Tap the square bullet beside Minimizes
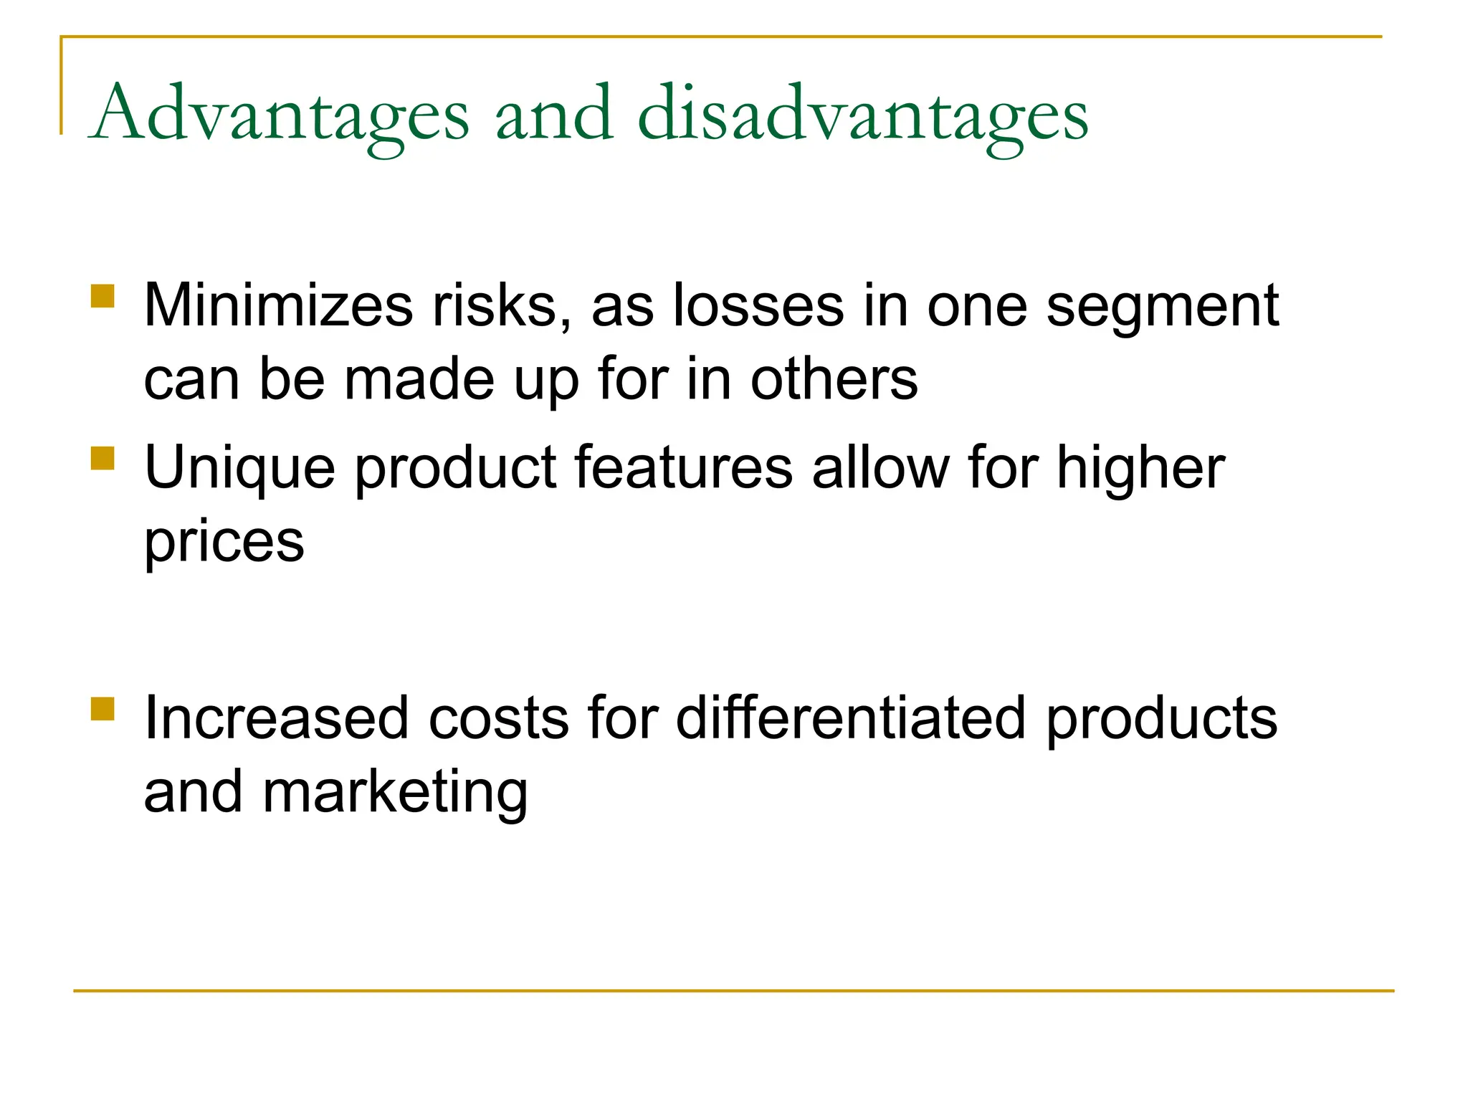coord(103,296)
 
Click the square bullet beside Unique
coord(103,458)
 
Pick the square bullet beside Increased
coord(103,708)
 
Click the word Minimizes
coord(278,306)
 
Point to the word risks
coord(502,306)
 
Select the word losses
coord(758,306)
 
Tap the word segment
coord(1162,306)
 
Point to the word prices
coord(224,543)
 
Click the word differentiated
coord(851,718)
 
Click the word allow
coord(881,468)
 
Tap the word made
coord(419,379)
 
